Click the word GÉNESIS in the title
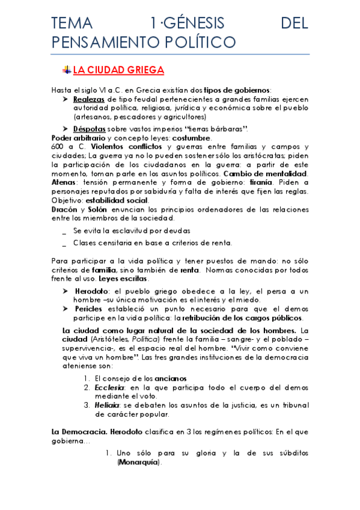coord(186,23)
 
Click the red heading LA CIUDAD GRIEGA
coord(118,70)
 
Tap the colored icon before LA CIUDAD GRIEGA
coord(67,70)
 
